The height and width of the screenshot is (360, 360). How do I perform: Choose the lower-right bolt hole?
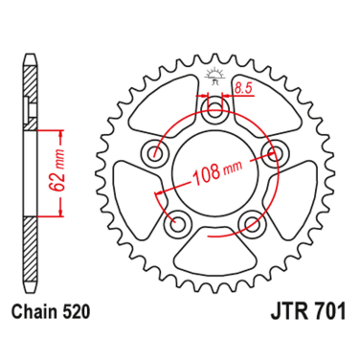click(x=252, y=223)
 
